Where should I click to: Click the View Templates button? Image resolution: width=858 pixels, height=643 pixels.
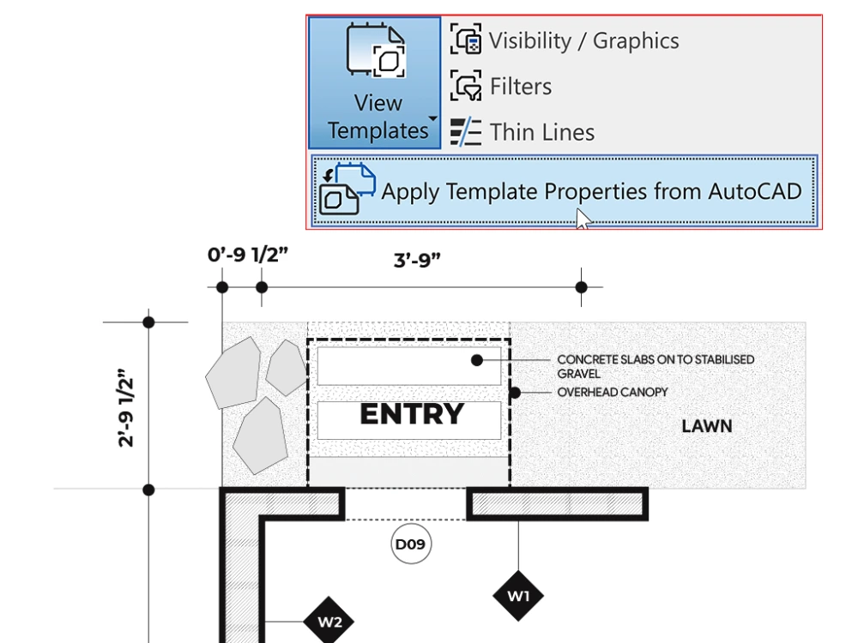(375, 83)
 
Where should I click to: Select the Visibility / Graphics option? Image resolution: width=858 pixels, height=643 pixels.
(583, 41)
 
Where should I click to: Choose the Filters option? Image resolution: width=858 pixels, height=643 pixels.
(520, 87)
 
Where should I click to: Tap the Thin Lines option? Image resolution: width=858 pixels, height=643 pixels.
(541, 133)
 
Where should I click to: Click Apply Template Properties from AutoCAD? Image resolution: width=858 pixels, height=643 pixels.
(590, 191)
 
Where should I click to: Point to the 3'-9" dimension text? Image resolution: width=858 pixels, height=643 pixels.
(417, 260)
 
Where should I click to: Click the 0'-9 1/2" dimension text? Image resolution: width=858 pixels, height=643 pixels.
(247, 255)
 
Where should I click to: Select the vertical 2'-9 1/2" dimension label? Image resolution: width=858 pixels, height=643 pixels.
(127, 407)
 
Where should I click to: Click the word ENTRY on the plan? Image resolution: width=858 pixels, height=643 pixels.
(411, 415)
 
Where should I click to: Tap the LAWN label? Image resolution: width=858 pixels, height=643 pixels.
(706, 426)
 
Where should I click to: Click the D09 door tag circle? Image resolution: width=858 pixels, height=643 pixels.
(411, 544)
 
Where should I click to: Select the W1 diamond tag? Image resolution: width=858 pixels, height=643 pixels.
(518, 595)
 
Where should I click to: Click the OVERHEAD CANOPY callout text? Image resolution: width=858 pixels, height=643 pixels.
(612, 393)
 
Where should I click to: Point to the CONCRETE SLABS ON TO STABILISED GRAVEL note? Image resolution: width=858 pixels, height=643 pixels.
(656, 366)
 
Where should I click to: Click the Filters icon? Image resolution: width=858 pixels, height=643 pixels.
(467, 87)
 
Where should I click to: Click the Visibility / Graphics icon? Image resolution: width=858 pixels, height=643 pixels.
(467, 40)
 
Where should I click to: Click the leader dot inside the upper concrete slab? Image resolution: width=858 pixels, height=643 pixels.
(478, 360)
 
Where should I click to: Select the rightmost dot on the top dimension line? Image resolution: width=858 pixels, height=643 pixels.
(581, 287)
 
